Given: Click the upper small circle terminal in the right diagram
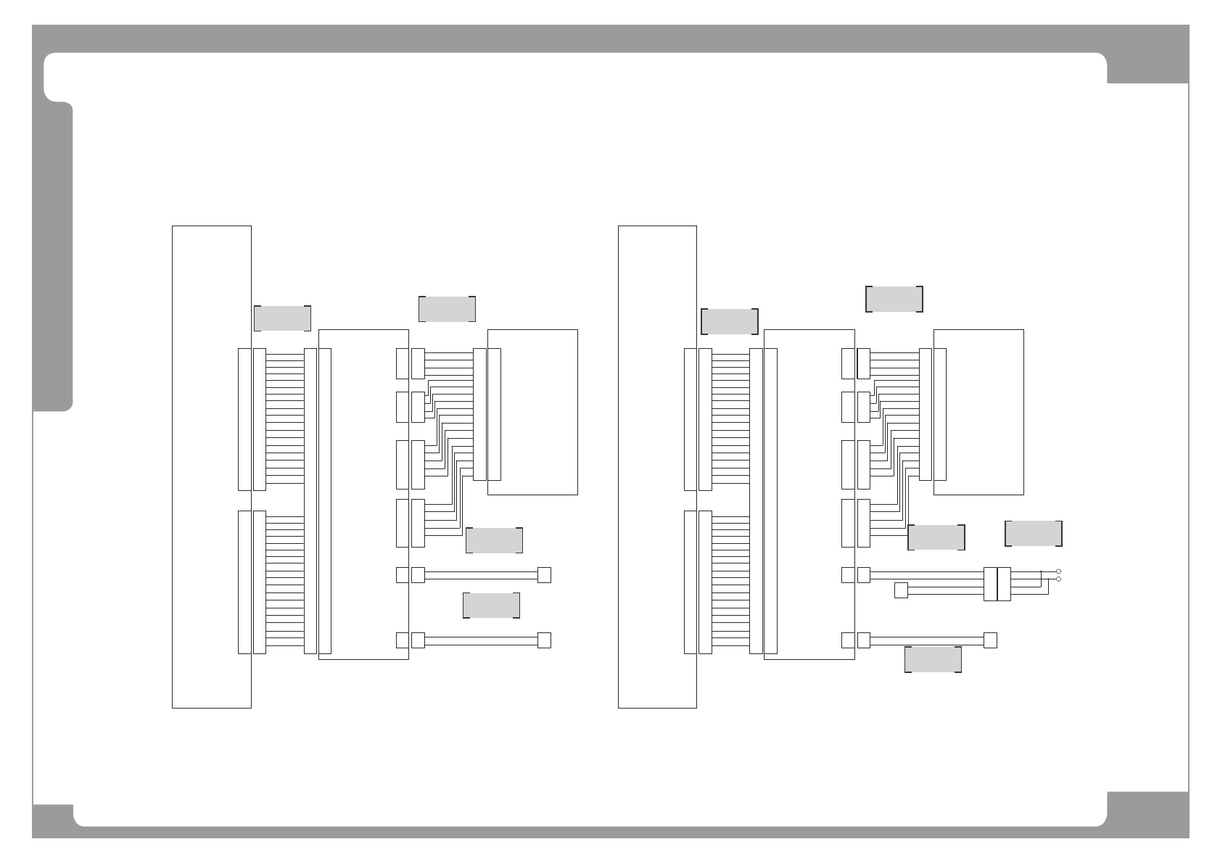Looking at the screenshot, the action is tap(1058, 571).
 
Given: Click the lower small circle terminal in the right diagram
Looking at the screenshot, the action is tap(1058, 579).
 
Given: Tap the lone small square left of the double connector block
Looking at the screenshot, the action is tap(901, 590).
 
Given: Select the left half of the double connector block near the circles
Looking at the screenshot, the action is tap(991, 584).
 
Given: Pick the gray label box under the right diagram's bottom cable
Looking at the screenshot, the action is tap(933, 659).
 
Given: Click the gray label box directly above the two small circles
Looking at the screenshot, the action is tap(1034, 533).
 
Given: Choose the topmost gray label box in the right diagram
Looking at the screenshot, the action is tap(894, 299).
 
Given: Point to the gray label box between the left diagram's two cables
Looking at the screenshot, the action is tap(491, 606).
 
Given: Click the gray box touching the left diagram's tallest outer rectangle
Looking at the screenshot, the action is tap(282, 318).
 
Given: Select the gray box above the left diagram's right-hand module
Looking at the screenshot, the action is tap(447, 308).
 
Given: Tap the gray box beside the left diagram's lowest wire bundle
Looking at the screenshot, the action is tap(494, 540).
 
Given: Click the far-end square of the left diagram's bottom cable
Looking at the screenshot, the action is tap(544, 640).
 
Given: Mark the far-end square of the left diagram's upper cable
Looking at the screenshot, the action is tap(544, 575).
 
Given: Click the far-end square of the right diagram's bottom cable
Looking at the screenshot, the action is tap(990, 640).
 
